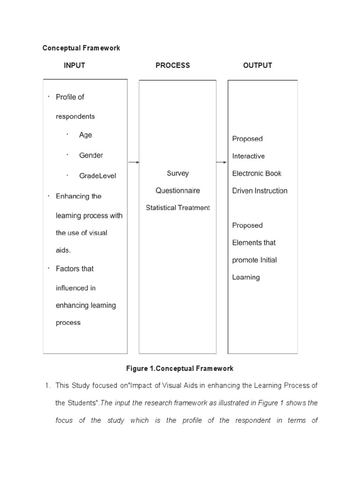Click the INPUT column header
75,66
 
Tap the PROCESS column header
172,66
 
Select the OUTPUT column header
257,66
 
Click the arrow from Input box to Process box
134,162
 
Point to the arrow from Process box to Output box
222,162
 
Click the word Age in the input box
86,135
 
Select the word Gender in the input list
91,155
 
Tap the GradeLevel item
97,176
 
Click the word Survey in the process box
178,173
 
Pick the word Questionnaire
178,191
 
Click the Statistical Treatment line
178,208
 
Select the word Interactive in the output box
248,156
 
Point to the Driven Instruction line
260,191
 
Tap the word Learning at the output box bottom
246,277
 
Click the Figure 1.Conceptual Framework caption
180,368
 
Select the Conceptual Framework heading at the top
81,48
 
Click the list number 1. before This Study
47,386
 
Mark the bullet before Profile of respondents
48,97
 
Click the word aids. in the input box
63,250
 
